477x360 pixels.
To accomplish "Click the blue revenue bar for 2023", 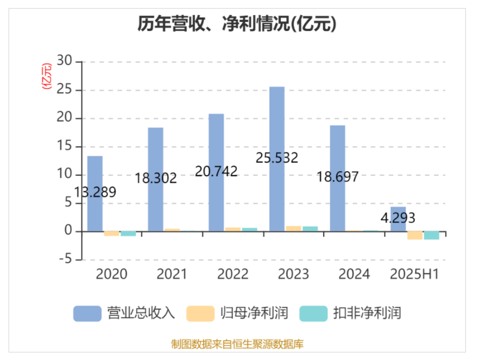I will [277, 127].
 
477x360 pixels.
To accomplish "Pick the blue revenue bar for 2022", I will [216, 142].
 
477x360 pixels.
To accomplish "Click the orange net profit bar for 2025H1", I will [415, 235].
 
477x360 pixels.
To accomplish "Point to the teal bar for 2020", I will [128, 234].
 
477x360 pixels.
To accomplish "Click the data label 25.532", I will [277, 157].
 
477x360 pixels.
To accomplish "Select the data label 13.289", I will [95, 192].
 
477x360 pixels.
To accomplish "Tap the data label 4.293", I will [398, 218].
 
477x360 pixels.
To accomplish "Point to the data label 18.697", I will [337, 177].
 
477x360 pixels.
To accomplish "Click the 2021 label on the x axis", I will [172, 274].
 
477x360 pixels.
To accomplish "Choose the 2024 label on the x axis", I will [354, 274].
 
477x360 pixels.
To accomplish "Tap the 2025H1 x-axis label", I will [415, 274].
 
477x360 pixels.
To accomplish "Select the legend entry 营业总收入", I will [124, 313].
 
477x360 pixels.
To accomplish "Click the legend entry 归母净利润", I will [238, 313].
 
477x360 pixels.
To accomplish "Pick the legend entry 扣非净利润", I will [351, 313].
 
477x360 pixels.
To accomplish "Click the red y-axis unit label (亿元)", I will [47, 76].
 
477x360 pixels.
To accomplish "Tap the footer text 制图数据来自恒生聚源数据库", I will [237, 345].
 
